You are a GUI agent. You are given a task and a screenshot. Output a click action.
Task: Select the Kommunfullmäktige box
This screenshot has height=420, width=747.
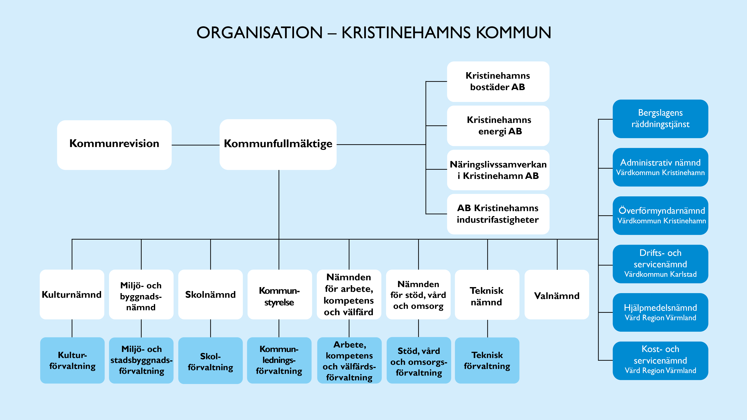tap(278, 144)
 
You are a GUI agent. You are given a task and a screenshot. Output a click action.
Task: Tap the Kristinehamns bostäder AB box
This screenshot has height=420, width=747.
tap(498, 82)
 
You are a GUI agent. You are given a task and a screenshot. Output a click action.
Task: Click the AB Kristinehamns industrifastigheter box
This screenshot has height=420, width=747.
tap(498, 214)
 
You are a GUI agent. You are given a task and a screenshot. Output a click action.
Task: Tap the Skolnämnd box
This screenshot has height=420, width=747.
tap(210, 295)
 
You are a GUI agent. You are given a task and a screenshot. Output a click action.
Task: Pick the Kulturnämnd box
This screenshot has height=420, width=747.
tap(72, 295)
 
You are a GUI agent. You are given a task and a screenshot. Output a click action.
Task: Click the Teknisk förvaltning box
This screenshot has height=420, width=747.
tap(487, 360)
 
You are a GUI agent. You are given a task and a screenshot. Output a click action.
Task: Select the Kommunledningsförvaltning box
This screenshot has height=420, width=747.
tap(279, 360)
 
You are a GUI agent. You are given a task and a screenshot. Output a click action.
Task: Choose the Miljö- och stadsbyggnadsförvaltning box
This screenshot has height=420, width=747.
tap(141, 360)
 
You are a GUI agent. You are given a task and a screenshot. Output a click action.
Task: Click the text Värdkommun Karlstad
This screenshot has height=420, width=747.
tap(660, 274)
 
